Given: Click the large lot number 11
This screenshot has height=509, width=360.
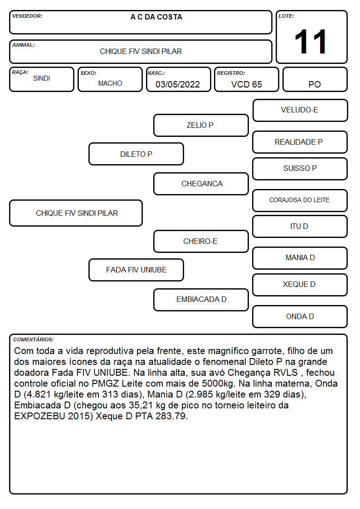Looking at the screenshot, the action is pos(310,42).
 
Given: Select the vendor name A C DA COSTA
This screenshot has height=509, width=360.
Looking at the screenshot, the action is pos(156,17).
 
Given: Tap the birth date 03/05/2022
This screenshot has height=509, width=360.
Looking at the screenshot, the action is pos(178,84).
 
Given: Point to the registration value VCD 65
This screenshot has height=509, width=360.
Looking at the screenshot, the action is pos(246,84).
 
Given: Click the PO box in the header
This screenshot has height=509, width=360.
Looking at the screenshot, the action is pos(315,79).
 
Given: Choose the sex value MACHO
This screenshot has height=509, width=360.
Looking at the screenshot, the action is pos(110,83).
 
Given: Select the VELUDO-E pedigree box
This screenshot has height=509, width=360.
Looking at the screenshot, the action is pos(300,111).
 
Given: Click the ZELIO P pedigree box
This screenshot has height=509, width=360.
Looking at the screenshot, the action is pos(201,125).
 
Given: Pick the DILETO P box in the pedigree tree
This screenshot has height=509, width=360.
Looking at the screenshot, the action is pos(136,154).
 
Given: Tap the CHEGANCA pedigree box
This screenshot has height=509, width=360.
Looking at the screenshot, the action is pos(201,184).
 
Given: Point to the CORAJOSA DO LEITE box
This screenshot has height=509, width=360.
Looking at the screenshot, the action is pos(300,200).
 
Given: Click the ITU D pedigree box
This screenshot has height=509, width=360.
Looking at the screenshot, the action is pos(300,226).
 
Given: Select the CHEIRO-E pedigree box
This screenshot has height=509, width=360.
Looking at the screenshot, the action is pos(201,241).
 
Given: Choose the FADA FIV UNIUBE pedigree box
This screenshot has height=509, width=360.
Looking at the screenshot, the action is pos(136,270).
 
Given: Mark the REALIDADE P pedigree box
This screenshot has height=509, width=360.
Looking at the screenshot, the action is pos(300,142).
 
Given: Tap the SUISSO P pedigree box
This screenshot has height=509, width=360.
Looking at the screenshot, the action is pos(300,169).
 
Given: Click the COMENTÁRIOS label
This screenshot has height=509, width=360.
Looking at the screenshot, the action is pos(34,339).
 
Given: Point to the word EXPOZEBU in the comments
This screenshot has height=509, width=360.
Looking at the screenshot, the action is pos(39,416).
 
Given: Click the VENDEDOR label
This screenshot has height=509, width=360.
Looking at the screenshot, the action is pos(27,16).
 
